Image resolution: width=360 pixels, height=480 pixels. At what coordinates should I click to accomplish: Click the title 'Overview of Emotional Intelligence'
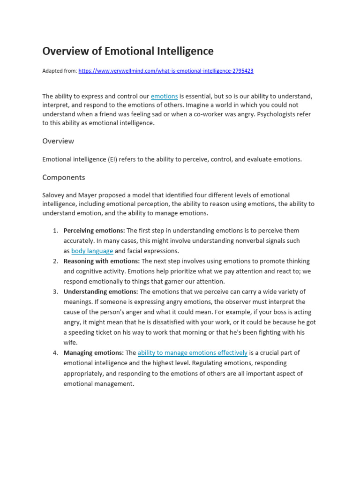coord(128,51)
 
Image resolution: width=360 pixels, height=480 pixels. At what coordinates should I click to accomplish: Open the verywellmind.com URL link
coord(166,71)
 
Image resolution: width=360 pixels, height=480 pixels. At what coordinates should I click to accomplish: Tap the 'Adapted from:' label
coord(60,71)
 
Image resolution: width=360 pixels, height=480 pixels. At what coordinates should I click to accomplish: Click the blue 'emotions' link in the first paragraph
coord(164,96)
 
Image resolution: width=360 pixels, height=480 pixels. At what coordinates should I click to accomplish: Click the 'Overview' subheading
coord(58,141)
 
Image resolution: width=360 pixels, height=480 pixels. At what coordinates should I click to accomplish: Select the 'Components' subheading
coord(64,177)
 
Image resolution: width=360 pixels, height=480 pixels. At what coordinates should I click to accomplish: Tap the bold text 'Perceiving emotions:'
coord(94,231)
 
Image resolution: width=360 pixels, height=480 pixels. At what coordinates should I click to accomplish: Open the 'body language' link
coord(92,251)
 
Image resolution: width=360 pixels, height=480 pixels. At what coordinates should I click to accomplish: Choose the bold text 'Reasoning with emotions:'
coord(102,261)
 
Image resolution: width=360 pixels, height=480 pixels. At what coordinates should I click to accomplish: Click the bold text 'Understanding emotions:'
coord(101,292)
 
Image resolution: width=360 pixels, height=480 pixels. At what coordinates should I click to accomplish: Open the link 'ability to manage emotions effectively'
coord(192,353)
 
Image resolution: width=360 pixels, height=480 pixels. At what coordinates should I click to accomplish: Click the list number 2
coord(55,261)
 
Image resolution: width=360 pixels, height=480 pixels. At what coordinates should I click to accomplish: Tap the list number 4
coord(55,353)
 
